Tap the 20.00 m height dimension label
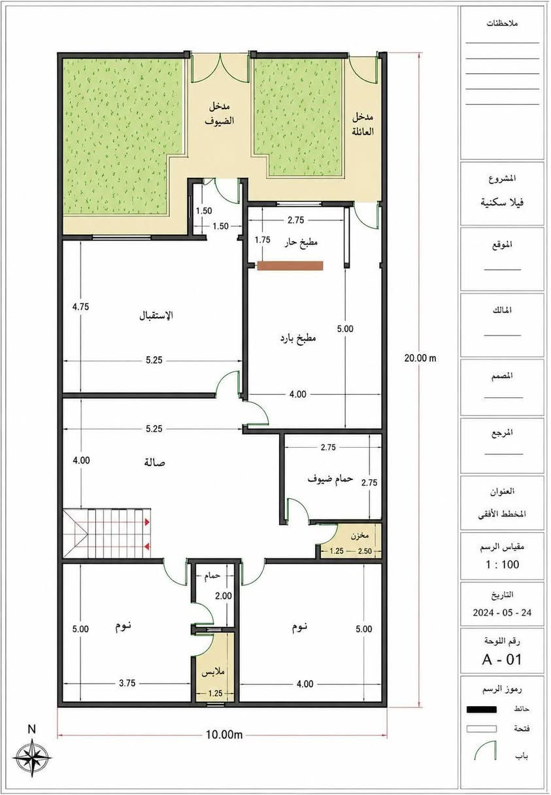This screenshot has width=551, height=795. pos(420,358)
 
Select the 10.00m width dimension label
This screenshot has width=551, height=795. pos(224,734)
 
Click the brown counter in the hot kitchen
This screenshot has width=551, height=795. pos(290,265)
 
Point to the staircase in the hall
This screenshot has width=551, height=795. pos(107,533)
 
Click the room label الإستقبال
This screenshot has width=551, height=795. pos(156,315)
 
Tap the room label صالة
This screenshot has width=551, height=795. pos(155,462)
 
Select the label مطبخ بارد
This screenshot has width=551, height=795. pos(298,338)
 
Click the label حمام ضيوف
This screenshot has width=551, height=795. pos(330,479)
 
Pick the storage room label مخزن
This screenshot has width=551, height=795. pos(359,535)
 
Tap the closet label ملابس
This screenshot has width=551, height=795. pos(213,672)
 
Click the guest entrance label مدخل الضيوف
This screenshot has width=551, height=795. pos(220,114)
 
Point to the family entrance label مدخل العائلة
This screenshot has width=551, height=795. pos(363,124)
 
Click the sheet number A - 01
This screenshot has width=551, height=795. pos(502,660)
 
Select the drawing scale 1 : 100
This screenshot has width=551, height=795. pos(503,564)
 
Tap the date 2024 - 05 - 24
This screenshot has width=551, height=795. pos(502,613)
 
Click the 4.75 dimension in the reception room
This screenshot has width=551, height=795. pos(80,307)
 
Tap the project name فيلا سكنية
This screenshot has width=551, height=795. pos(502,203)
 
